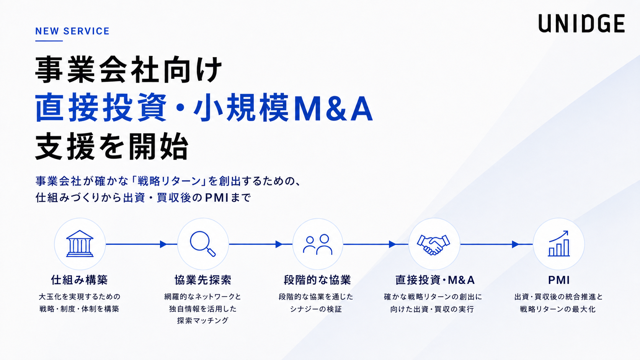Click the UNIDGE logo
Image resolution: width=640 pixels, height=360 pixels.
pyautogui.click(x=581, y=23)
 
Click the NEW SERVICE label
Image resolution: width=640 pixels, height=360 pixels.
pyautogui.click(x=72, y=31)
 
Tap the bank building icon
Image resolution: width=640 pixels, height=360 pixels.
pyautogui.click(x=80, y=244)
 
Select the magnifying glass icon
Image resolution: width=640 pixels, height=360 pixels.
pyautogui.click(x=202, y=244)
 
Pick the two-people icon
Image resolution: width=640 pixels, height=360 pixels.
pyautogui.click(x=317, y=244)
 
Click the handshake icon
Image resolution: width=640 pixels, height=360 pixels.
pyautogui.click(x=433, y=244)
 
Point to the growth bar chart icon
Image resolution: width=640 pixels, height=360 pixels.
pyautogui.click(x=559, y=244)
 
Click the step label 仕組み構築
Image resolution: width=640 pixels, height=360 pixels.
pyautogui.click(x=80, y=280)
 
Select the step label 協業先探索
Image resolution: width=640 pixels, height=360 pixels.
pyautogui.click(x=203, y=280)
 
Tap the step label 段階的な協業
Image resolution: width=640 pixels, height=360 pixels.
pyautogui.click(x=317, y=280)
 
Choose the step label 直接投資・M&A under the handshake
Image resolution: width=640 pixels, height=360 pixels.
pyautogui.click(x=435, y=280)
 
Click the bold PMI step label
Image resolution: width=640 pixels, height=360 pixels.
pyautogui.click(x=559, y=280)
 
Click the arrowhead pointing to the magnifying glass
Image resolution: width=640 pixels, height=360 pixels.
pyautogui.click(x=163, y=244)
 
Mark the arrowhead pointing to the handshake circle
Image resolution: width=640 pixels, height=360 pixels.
pyautogui.click(x=393, y=244)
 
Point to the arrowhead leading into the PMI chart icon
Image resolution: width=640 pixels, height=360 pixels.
pyautogui.click(x=516, y=244)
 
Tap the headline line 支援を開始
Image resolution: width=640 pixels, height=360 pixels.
pyautogui.click(x=112, y=146)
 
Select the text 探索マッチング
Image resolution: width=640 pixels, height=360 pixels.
pyautogui.click(x=203, y=321)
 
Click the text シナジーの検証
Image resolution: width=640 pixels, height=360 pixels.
pyautogui.click(x=316, y=309)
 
